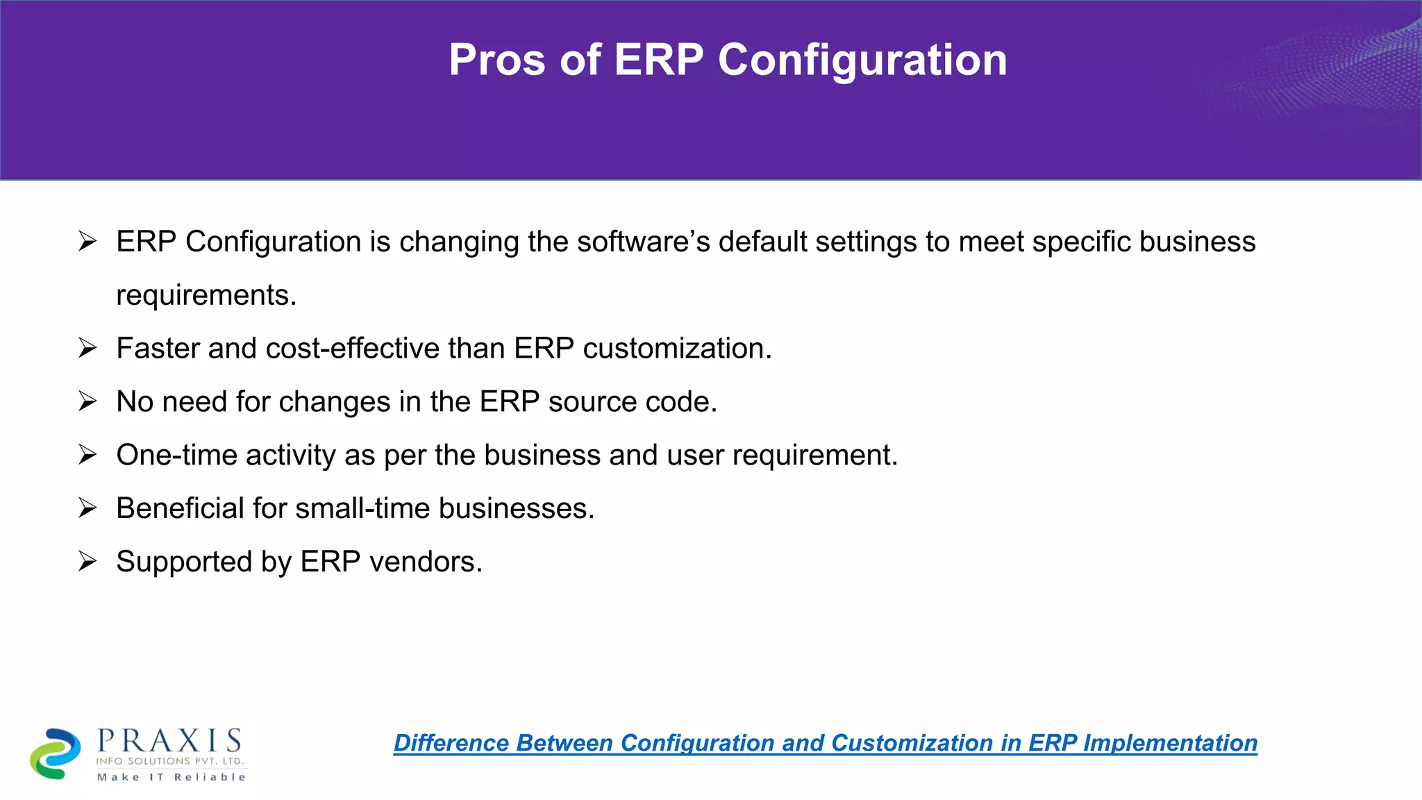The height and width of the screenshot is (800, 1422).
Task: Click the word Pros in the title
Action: pyautogui.click(x=497, y=60)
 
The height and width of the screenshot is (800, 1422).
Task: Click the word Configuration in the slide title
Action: pyautogui.click(x=862, y=61)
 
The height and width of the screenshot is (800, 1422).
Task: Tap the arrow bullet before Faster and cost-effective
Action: pyautogui.click(x=87, y=347)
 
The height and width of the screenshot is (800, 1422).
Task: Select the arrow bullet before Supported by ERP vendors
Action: pyautogui.click(x=87, y=560)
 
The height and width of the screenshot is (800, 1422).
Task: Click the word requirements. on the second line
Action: pyautogui.click(x=206, y=296)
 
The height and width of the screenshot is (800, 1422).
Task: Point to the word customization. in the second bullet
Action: pyautogui.click(x=677, y=349)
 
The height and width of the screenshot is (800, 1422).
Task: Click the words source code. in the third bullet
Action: pyautogui.click(x=633, y=402)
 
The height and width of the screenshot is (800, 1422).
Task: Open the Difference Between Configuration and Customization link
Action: pyautogui.click(x=825, y=743)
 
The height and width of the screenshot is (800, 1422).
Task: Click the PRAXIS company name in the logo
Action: pyautogui.click(x=169, y=741)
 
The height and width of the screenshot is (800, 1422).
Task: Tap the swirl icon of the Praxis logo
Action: pyautogui.click(x=55, y=753)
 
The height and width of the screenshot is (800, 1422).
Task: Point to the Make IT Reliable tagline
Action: pyautogui.click(x=171, y=777)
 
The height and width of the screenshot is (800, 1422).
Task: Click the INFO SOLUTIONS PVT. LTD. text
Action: pyautogui.click(x=170, y=761)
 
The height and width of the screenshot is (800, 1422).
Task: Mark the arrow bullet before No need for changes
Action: pyautogui.click(x=87, y=401)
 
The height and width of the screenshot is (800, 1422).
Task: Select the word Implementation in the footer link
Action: pyautogui.click(x=1170, y=743)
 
